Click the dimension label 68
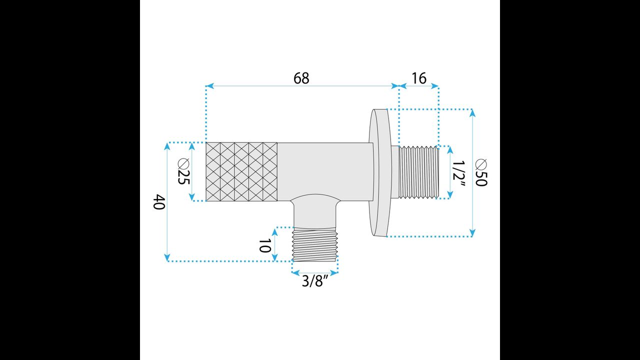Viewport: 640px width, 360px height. (x=301, y=78)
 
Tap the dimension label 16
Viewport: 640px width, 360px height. (x=419, y=78)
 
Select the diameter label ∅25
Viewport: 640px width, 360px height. (x=183, y=171)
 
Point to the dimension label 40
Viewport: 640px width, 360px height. (x=159, y=201)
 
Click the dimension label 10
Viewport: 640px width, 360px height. (x=264, y=246)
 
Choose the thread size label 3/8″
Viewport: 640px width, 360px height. (x=314, y=281)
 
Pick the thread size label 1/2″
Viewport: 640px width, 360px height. (x=459, y=174)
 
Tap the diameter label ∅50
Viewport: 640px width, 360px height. (x=481, y=172)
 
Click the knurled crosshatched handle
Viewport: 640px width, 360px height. (x=241, y=171)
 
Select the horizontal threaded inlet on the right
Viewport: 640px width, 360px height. (x=418, y=172)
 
